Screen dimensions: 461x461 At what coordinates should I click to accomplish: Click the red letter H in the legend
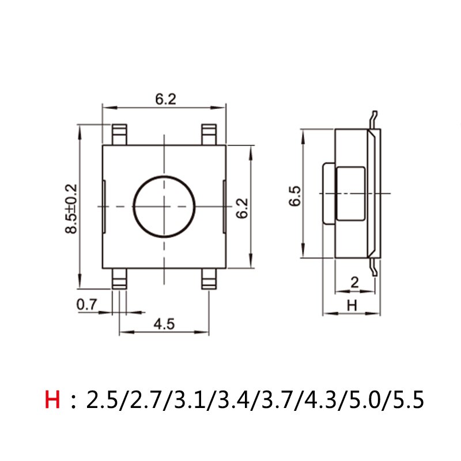[x=52, y=399]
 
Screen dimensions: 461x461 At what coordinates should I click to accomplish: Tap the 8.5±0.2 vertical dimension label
[x=71, y=208]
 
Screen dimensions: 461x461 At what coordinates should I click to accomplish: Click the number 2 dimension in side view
[x=354, y=282]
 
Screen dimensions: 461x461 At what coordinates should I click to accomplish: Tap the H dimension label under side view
[x=351, y=306]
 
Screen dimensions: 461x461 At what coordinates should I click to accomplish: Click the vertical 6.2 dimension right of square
[x=242, y=208]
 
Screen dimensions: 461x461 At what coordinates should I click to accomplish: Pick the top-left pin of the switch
[x=120, y=134]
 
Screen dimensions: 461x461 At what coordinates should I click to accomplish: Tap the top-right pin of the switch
[x=209, y=134]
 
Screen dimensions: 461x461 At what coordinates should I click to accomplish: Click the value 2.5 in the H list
[x=101, y=399]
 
